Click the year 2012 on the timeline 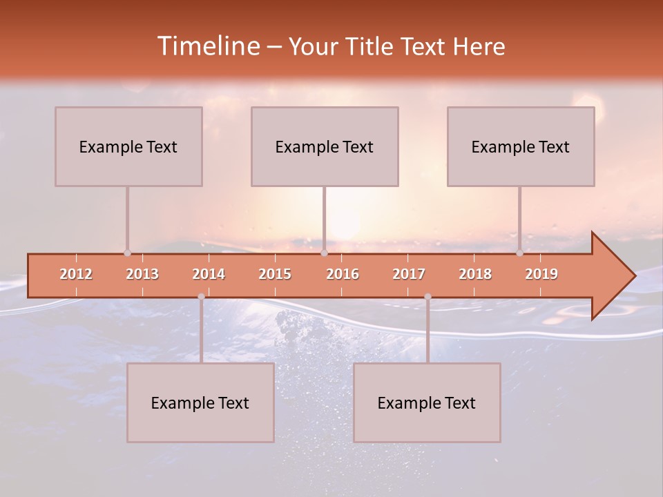[x=76, y=274]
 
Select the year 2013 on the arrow [x=142, y=274]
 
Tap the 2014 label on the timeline [x=209, y=274]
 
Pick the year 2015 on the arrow [x=275, y=274]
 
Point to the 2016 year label [x=343, y=274]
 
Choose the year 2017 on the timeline [x=409, y=274]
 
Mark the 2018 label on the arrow [x=475, y=274]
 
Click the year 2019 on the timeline [x=541, y=274]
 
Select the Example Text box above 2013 [x=128, y=146]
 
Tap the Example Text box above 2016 [x=325, y=146]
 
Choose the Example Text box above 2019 [x=521, y=146]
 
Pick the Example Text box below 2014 [x=200, y=402]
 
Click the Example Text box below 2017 [x=427, y=402]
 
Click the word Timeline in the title [x=208, y=46]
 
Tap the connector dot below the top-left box [x=127, y=253]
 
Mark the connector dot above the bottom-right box [x=427, y=297]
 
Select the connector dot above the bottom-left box [x=201, y=297]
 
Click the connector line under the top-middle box [x=324, y=217]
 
